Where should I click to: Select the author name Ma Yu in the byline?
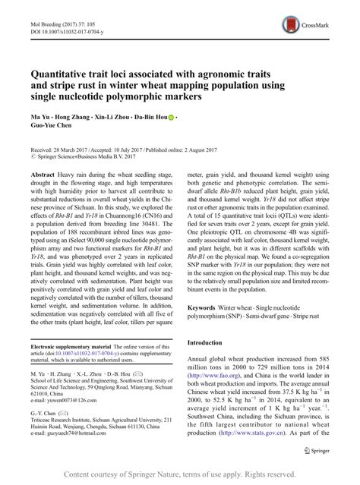pyautogui.click(x=39, y=119)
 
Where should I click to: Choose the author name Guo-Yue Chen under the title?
pyautogui.click(x=55, y=130)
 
